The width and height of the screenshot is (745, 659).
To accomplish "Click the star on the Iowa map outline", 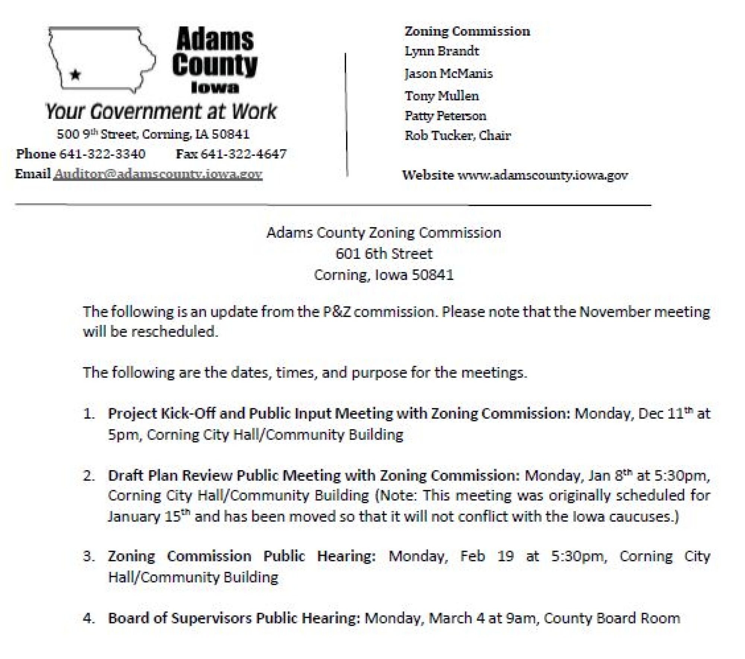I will tap(76, 75).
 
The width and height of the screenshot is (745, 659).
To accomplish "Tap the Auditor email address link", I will tap(158, 174).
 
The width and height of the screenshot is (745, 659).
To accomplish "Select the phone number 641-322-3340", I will tap(102, 154).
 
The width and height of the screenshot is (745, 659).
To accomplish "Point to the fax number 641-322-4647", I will tap(244, 154).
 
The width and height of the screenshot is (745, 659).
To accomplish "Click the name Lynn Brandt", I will tap(442, 51).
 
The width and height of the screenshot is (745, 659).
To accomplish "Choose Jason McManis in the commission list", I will tap(448, 73).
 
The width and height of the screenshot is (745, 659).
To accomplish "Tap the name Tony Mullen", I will tap(442, 96).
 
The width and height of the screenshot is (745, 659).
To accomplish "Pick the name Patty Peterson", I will tap(446, 116).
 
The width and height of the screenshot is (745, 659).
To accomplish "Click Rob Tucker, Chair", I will tap(458, 135).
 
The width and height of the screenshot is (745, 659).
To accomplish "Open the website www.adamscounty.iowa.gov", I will tap(542, 175).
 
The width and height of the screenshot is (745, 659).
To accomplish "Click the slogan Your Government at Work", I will tap(161, 111).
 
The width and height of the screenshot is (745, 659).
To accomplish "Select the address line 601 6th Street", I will tap(384, 254).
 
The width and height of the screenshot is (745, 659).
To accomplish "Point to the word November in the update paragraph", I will tap(615, 311).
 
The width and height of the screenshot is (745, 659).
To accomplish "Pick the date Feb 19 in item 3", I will tap(487, 556).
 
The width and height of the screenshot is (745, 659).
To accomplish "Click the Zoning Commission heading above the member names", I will tap(467, 31).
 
